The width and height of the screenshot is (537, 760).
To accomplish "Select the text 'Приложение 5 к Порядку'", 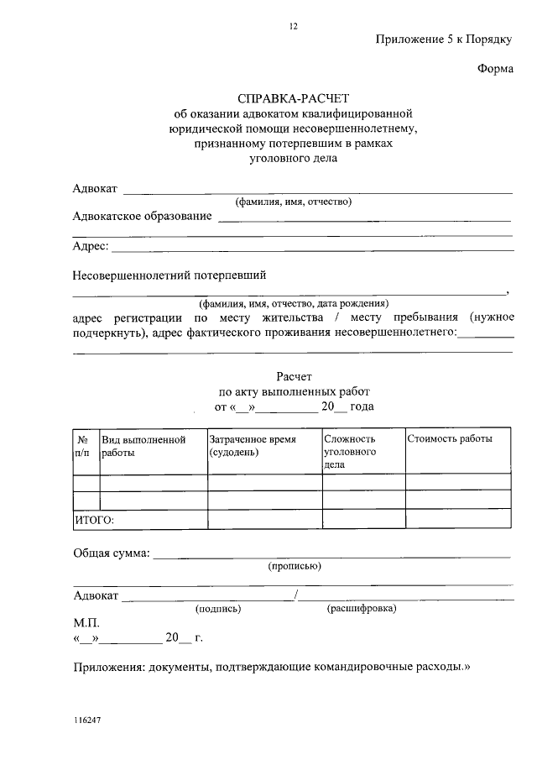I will [x=443, y=40].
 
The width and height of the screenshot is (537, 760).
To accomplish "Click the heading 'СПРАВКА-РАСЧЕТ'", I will [x=293, y=97].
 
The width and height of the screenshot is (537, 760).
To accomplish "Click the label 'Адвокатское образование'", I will [x=143, y=217].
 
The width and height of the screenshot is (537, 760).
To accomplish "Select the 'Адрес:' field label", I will [x=91, y=246].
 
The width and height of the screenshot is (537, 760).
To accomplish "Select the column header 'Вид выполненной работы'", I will [x=143, y=445].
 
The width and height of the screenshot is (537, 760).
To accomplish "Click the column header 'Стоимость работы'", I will [x=450, y=438].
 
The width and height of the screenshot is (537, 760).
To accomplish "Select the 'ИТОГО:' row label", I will [x=94, y=520].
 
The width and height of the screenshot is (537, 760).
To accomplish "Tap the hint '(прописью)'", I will [x=294, y=566].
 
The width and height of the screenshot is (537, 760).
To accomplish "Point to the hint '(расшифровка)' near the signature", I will [x=362, y=608].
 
